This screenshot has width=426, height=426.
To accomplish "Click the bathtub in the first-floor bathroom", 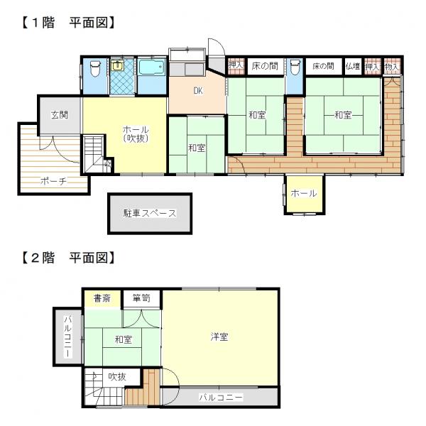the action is click(x=152, y=67).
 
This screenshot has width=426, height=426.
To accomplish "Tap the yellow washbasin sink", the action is click(x=117, y=65).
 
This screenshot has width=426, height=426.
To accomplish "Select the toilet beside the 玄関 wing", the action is click(x=95, y=68).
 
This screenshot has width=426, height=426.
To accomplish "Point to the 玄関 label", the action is click(x=60, y=115).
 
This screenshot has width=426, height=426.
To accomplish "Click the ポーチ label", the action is click(x=53, y=181).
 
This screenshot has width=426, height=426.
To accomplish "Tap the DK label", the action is click(x=198, y=91).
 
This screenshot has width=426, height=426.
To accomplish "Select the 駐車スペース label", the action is click(x=150, y=213).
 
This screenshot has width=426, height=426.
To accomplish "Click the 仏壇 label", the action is click(x=353, y=66).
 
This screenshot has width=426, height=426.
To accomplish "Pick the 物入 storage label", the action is click(x=391, y=67).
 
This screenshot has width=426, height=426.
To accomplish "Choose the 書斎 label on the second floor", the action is click(x=102, y=298).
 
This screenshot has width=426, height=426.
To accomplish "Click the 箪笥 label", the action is click(x=141, y=298).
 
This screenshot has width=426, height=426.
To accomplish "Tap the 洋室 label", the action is click(x=219, y=337).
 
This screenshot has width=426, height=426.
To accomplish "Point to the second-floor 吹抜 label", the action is click(x=117, y=376).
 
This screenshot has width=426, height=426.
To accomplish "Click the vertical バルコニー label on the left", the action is click(x=68, y=337).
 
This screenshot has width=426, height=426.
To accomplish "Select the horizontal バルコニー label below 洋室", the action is click(x=221, y=398).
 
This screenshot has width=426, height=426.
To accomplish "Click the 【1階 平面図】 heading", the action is click(x=68, y=22).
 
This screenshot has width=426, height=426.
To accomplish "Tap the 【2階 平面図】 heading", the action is click(x=68, y=257).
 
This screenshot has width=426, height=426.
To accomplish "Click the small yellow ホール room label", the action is click(x=304, y=193).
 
